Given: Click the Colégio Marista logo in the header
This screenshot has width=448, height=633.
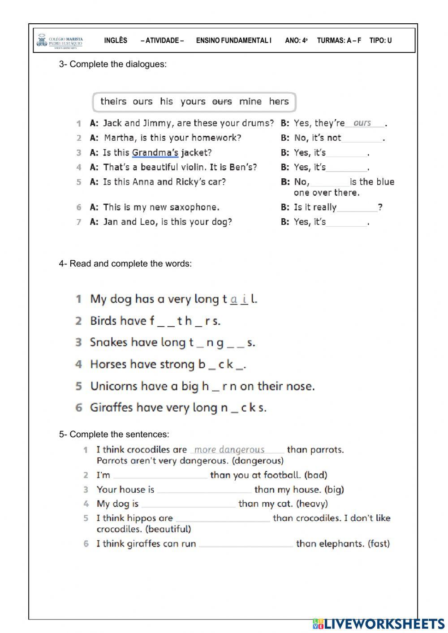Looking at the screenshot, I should (x=60, y=41).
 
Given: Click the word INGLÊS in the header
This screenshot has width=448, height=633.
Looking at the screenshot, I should (x=116, y=40).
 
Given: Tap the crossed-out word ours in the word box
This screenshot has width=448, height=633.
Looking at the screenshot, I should (x=222, y=102).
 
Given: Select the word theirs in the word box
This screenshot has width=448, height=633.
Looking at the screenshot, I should (x=113, y=101).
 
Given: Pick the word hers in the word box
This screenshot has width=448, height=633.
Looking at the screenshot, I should (x=279, y=101).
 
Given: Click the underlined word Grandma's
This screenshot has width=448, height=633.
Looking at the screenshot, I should (x=155, y=153).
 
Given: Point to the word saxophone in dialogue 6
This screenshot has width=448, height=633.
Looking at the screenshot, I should (x=196, y=207).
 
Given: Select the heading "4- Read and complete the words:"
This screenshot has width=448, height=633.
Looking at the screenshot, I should (x=125, y=264).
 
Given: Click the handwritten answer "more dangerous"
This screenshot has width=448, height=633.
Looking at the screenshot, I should (x=229, y=450).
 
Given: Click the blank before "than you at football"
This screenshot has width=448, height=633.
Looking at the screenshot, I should (x=160, y=475).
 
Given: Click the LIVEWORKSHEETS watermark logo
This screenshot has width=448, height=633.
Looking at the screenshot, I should (x=379, y=624).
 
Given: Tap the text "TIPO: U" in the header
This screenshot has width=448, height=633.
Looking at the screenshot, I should (x=380, y=40).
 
